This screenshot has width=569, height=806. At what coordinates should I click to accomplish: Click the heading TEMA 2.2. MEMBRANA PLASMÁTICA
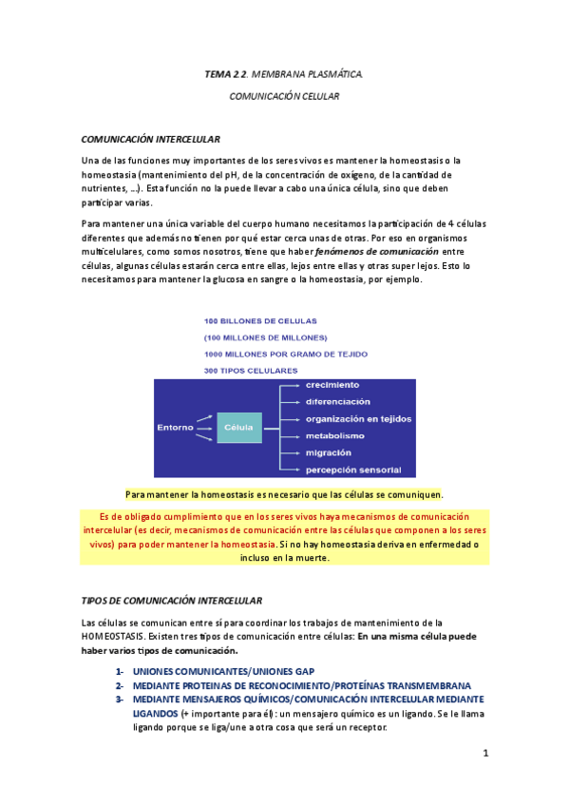point(284,73)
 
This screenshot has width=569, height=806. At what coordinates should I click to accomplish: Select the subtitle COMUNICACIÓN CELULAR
point(284,96)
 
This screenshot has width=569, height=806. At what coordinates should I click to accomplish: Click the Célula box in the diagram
point(238,428)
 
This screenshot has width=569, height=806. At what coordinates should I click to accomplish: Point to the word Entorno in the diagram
point(175,428)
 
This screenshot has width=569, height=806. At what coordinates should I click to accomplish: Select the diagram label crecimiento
point(332,385)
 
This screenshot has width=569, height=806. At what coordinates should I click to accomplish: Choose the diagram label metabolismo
point(334,435)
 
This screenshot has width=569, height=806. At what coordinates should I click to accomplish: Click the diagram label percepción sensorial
point(352,470)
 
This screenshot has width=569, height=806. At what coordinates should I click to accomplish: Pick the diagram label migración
point(328,452)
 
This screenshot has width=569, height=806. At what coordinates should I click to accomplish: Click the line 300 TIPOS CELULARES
point(251,370)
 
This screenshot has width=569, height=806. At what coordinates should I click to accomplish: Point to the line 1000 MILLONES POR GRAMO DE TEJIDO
point(286,354)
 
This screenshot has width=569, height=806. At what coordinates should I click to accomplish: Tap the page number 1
point(484,754)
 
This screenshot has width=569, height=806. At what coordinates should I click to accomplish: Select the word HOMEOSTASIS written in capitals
point(113,636)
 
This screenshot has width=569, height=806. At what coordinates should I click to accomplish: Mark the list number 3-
point(121,699)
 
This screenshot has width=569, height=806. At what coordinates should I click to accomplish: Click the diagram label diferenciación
point(337,401)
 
